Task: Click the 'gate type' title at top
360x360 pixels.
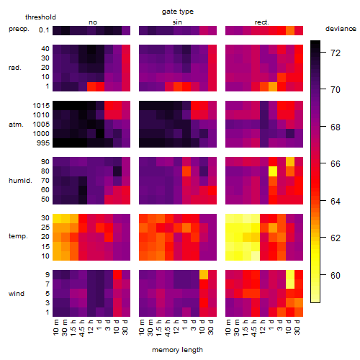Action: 178,12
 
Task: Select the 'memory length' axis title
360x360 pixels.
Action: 177,350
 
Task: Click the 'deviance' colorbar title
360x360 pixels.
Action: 341,29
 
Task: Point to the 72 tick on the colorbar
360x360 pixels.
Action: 336,53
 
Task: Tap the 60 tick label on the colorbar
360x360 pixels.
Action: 336,275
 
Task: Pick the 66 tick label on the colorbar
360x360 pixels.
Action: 336,164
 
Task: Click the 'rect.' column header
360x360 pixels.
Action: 262,22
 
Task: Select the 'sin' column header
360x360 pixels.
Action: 177,22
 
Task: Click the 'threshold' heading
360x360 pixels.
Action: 40,17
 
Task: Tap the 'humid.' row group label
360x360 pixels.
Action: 20,181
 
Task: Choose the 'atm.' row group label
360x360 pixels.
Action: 16,125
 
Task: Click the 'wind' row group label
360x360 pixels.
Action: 17,294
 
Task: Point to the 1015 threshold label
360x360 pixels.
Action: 41,106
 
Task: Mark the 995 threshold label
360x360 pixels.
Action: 43,143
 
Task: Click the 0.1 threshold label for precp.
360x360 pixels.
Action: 44,30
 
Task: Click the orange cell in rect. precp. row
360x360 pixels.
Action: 290,30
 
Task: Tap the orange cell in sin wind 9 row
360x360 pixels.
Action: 204,274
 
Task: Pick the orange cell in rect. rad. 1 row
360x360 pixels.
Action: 273,86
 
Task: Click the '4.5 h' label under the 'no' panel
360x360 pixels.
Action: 81,328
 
